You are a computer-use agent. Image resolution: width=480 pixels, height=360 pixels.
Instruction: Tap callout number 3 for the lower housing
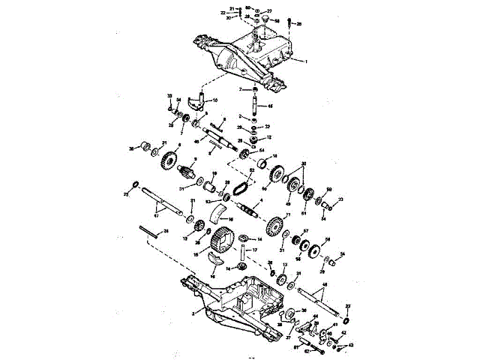point(193,312)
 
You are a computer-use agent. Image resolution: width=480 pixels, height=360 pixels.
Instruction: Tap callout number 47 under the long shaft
point(156,215)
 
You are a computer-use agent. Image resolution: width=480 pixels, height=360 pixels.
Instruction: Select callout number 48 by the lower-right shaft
point(324,285)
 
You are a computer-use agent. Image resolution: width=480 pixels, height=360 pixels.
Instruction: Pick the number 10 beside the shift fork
point(215,100)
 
